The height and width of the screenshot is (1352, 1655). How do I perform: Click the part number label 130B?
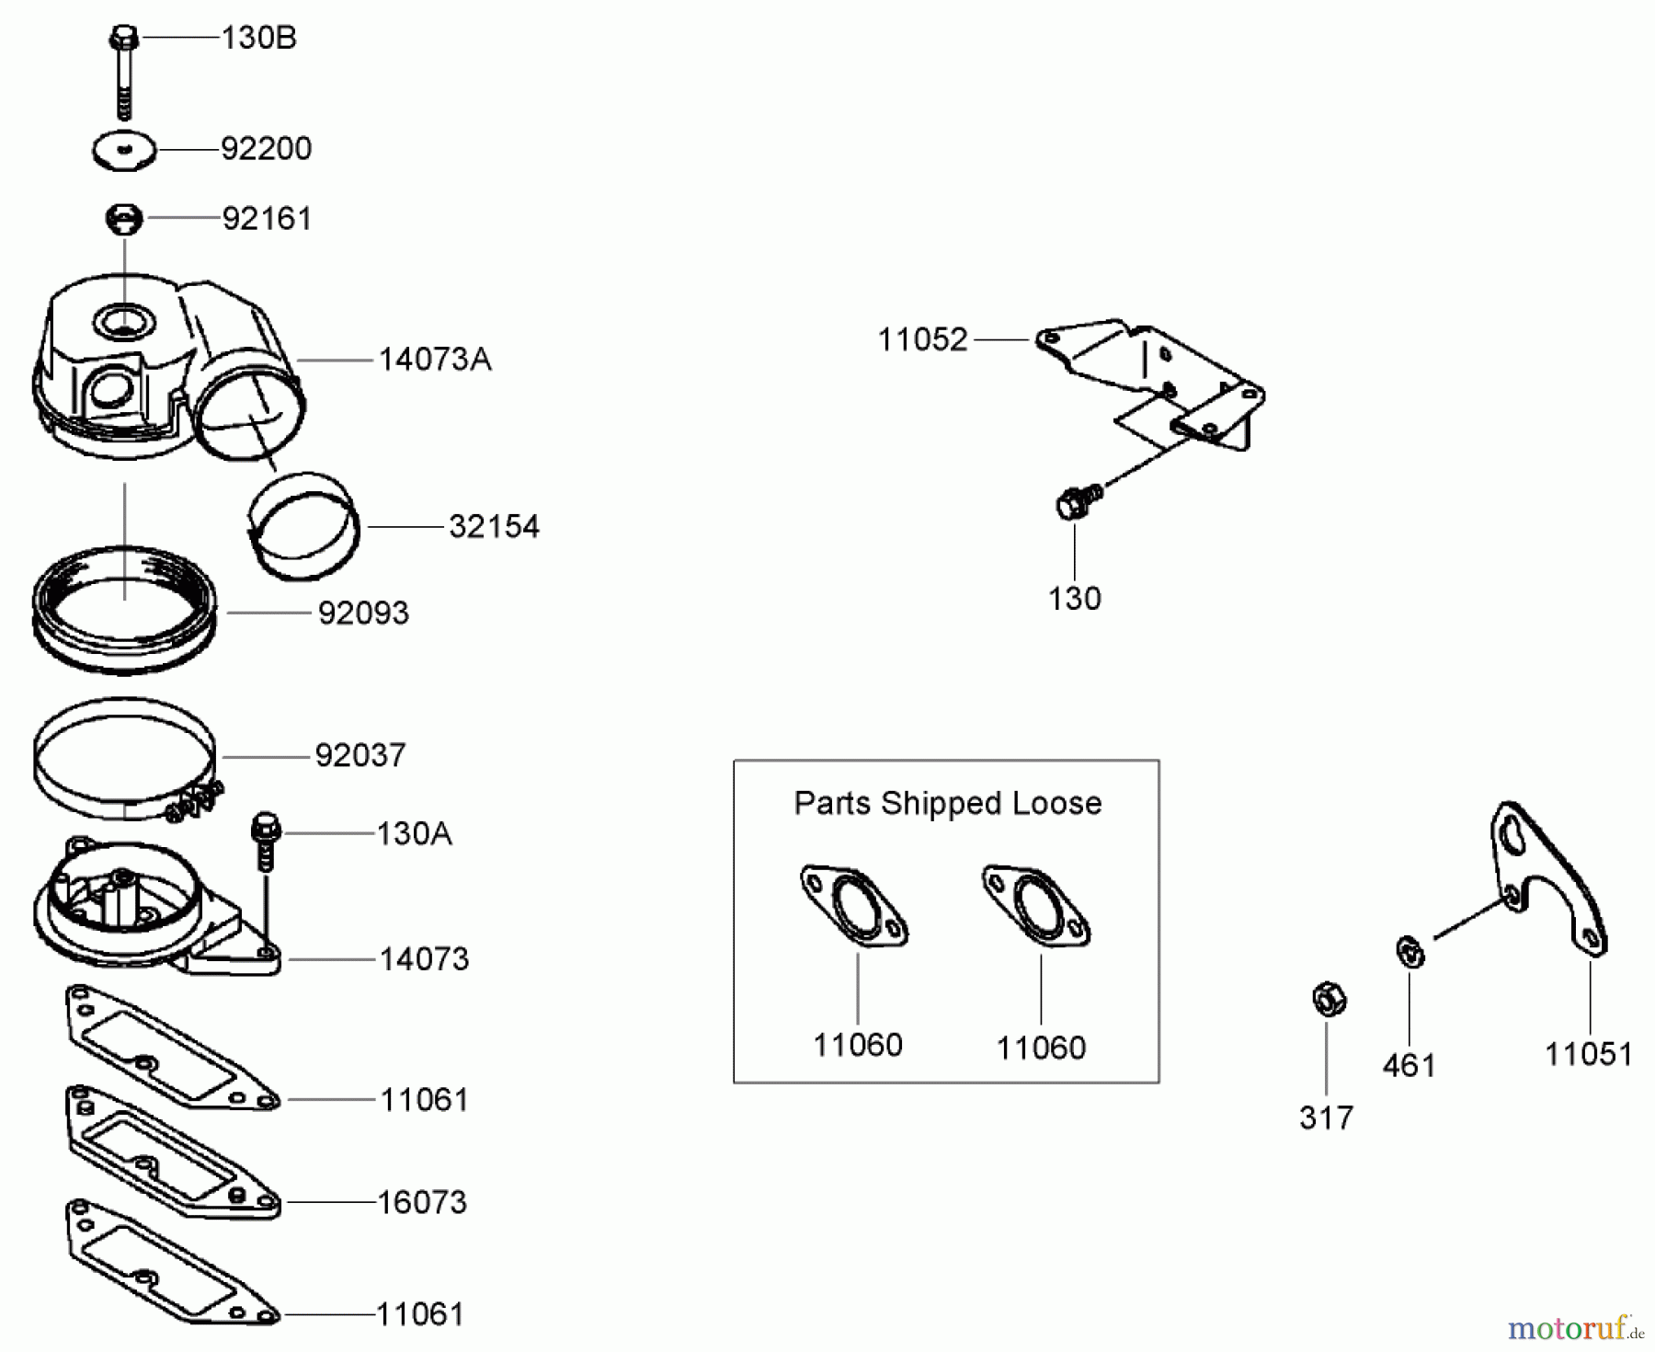[258, 39]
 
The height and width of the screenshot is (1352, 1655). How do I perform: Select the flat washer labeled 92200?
[125, 151]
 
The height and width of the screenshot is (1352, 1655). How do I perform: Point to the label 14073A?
[435, 360]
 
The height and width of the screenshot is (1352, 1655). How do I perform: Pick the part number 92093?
[363, 613]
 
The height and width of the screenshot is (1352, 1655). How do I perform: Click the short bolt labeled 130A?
[265, 839]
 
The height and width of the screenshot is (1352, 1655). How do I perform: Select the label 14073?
[424, 959]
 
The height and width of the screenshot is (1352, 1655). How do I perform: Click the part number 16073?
[422, 1203]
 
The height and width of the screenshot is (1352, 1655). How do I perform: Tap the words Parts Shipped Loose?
[947, 803]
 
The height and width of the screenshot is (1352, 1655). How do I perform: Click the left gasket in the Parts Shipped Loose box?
[854, 905]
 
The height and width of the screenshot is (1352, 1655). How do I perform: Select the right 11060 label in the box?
[1041, 1048]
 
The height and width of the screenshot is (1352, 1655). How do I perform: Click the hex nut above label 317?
[1327, 1000]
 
